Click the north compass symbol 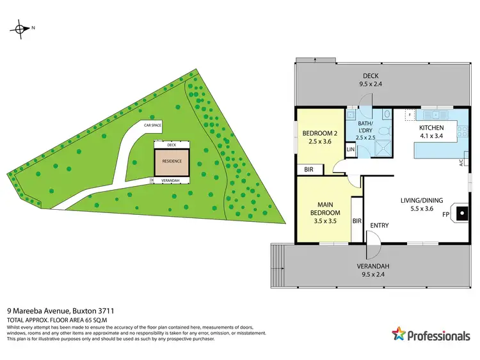pyautogui.click(x=21, y=28)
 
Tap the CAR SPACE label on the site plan pyautogui.click(x=152, y=125)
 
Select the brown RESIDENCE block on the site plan pyautogui.click(x=172, y=162)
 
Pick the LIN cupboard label pyautogui.click(x=350, y=149)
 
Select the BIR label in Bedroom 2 pyautogui.click(x=308, y=169)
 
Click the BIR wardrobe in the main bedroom pyautogui.click(x=357, y=221)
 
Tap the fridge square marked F pyautogui.click(x=410, y=115)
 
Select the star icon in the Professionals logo pyautogui.click(x=398, y=334)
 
